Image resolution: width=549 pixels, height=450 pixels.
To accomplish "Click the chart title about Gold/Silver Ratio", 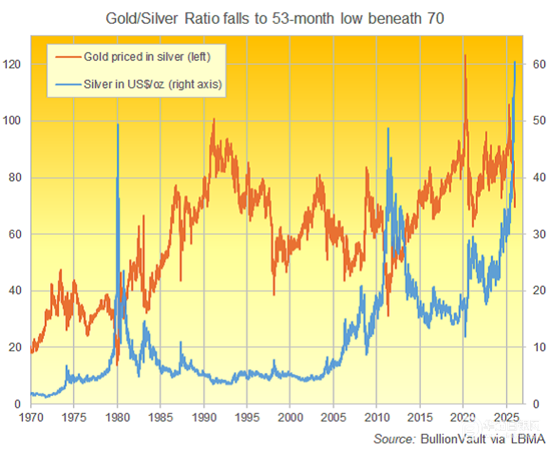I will [x=274, y=19].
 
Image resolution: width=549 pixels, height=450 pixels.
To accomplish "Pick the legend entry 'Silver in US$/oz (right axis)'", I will [x=152, y=84].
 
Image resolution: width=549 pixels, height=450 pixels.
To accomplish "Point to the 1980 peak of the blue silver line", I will [x=118, y=124].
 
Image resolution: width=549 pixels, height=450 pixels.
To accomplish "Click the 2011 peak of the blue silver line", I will [x=388, y=128].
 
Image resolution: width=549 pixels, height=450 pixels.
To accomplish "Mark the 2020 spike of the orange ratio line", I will [x=465, y=55].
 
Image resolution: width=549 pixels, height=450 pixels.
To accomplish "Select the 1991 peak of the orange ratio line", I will [x=214, y=119].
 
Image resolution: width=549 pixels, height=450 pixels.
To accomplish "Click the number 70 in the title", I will [x=435, y=19].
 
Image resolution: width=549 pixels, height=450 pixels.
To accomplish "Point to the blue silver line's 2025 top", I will [x=515, y=62].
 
